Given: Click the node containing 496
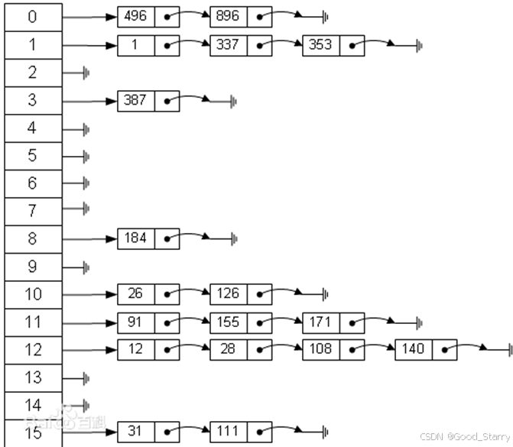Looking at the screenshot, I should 136,16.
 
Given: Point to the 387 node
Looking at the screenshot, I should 136,100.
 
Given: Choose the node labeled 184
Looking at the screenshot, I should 136,238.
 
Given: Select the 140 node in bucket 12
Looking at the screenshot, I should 414,349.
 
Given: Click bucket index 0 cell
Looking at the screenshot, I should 32,17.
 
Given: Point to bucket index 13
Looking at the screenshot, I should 32,377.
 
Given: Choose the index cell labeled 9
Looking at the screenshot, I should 32,267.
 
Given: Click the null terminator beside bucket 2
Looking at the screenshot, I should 86,73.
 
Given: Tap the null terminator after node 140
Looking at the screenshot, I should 509,350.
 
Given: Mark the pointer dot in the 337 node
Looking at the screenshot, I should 261,45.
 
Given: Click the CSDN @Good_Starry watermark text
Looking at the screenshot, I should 465,437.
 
